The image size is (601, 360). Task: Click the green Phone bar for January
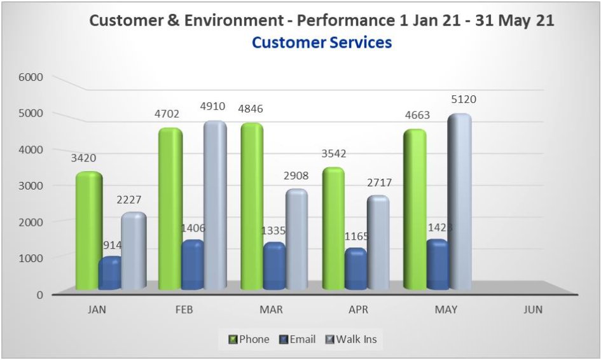click(x=88, y=232)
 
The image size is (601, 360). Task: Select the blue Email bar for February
click(x=193, y=266)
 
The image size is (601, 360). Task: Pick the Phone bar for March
click(x=252, y=207)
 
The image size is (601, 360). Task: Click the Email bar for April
click(x=356, y=270)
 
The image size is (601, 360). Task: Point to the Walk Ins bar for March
click(x=296, y=240)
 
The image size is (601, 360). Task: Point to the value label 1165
click(x=356, y=237)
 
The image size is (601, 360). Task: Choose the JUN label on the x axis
click(x=533, y=310)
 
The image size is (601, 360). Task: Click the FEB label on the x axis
click(x=183, y=310)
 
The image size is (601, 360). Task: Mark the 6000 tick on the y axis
click(x=30, y=78)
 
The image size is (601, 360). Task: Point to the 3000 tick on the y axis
click(x=30, y=186)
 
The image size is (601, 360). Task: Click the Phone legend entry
click(x=249, y=339)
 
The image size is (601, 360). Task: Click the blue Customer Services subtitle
click(x=321, y=43)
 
